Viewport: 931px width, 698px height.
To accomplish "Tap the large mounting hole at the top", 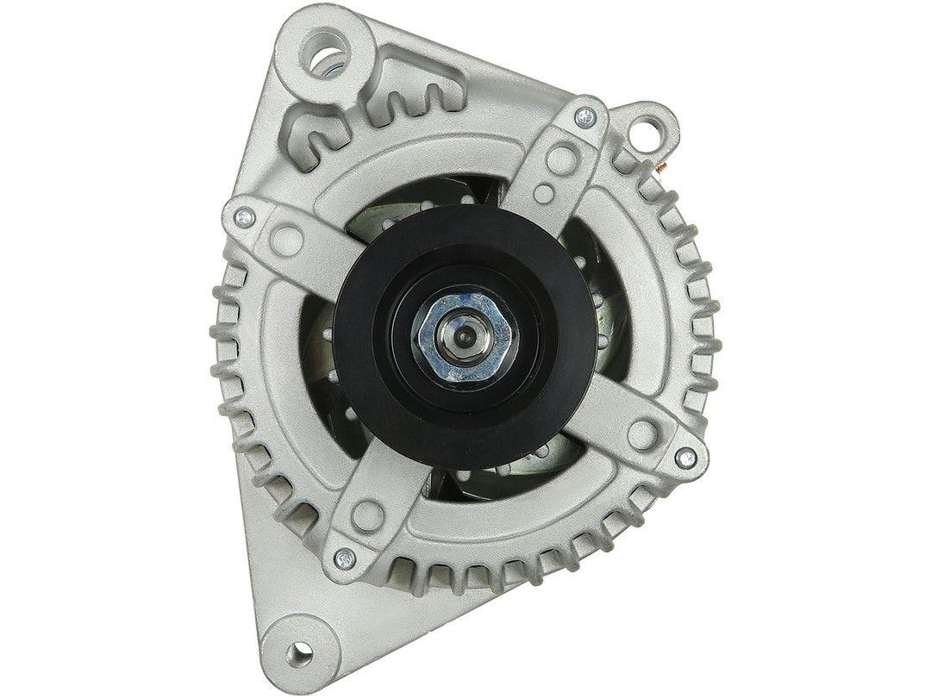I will click(x=329, y=62).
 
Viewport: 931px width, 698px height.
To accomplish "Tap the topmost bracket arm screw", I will click(x=586, y=114).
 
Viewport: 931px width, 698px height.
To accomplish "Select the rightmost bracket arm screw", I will click(x=684, y=457).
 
